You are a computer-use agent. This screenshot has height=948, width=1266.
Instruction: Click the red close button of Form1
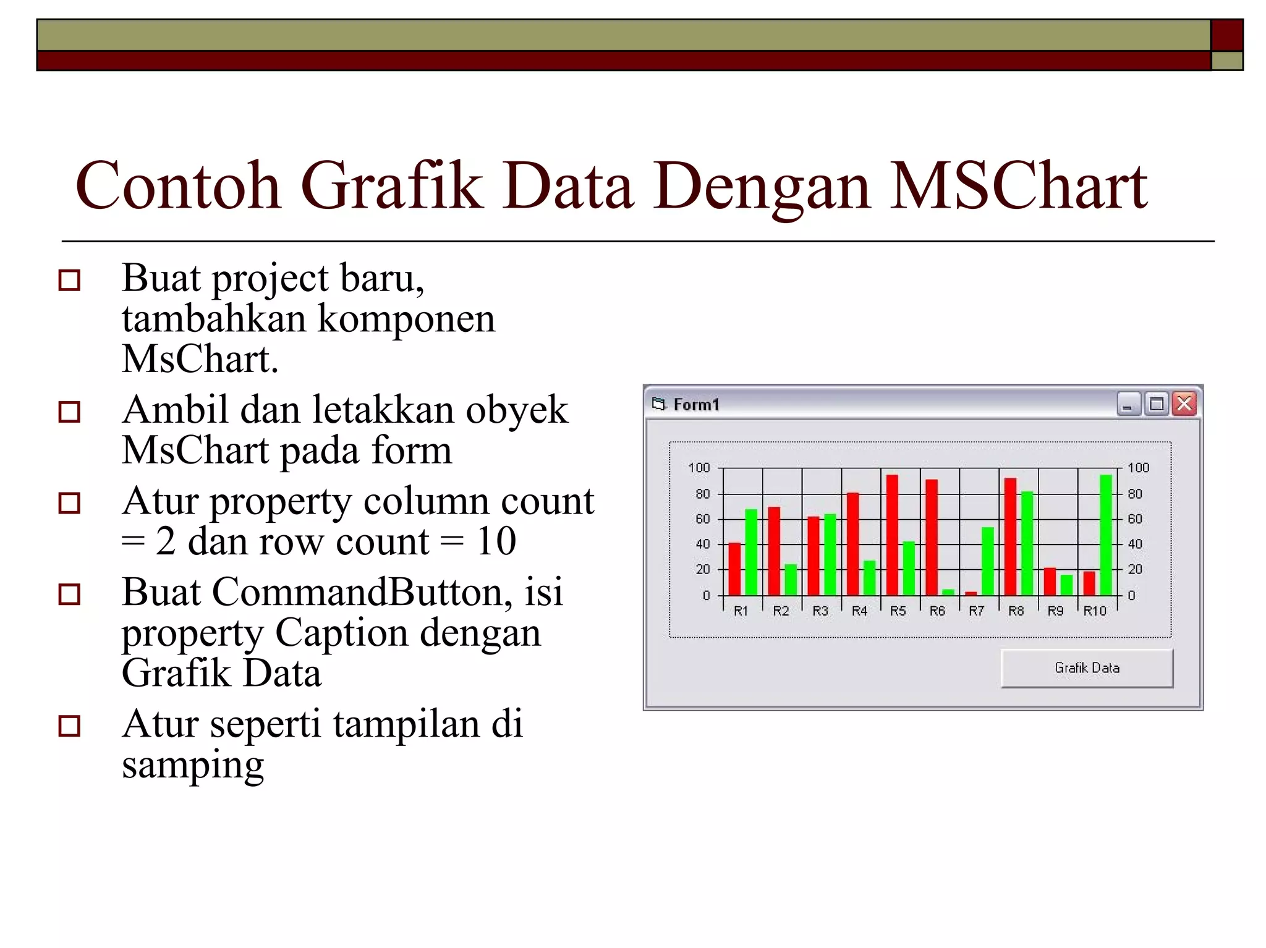click(x=1184, y=404)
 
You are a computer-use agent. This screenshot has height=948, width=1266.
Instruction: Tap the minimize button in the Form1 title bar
click(x=1128, y=405)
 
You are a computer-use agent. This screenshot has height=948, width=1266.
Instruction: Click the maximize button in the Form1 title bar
click(x=1156, y=405)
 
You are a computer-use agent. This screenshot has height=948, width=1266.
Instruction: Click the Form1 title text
click(x=696, y=405)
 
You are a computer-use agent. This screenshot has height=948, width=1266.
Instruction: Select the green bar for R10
click(x=1106, y=535)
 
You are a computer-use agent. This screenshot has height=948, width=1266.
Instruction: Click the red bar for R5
click(x=892, y=535)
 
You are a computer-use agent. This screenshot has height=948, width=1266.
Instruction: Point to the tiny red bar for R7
click(x=971, y=593)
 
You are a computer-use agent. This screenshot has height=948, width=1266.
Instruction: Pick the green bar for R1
click(x=751, y=552)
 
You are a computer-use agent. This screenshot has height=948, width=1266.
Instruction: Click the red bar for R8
click(x=1011, y=536)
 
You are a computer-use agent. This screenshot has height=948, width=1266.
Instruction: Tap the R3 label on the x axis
click(x=820, y=611)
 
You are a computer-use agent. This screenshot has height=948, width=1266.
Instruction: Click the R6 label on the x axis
click(x=937, y=611)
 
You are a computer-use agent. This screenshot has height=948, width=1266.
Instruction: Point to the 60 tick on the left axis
click(x=703, y=519)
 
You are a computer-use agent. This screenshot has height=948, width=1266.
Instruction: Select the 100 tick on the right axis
click(x=1138, y=468)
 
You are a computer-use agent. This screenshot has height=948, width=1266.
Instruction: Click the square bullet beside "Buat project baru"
click(x=69, y=280)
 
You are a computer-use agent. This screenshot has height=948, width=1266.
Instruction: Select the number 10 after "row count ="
click(x=496, y=541)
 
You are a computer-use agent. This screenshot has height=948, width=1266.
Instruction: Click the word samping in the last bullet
click(x=193, y=765)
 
